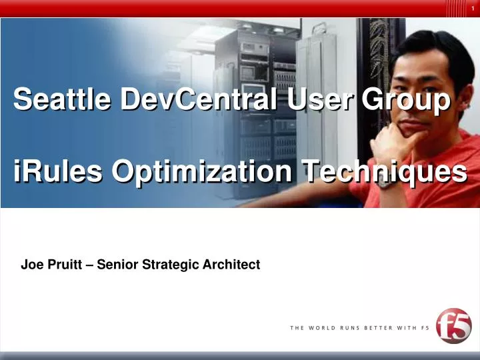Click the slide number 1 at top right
click(x=471, y=7)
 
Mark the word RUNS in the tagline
click(x=353, y=328)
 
